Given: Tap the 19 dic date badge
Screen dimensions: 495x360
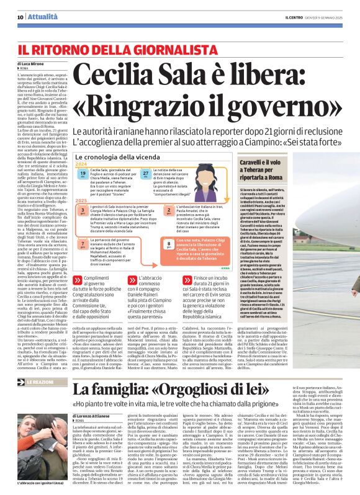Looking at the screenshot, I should tap(83, 176).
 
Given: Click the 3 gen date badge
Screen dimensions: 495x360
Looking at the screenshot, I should tap(83, 211).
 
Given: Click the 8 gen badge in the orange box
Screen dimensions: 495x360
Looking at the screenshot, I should tap(168, 244).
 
